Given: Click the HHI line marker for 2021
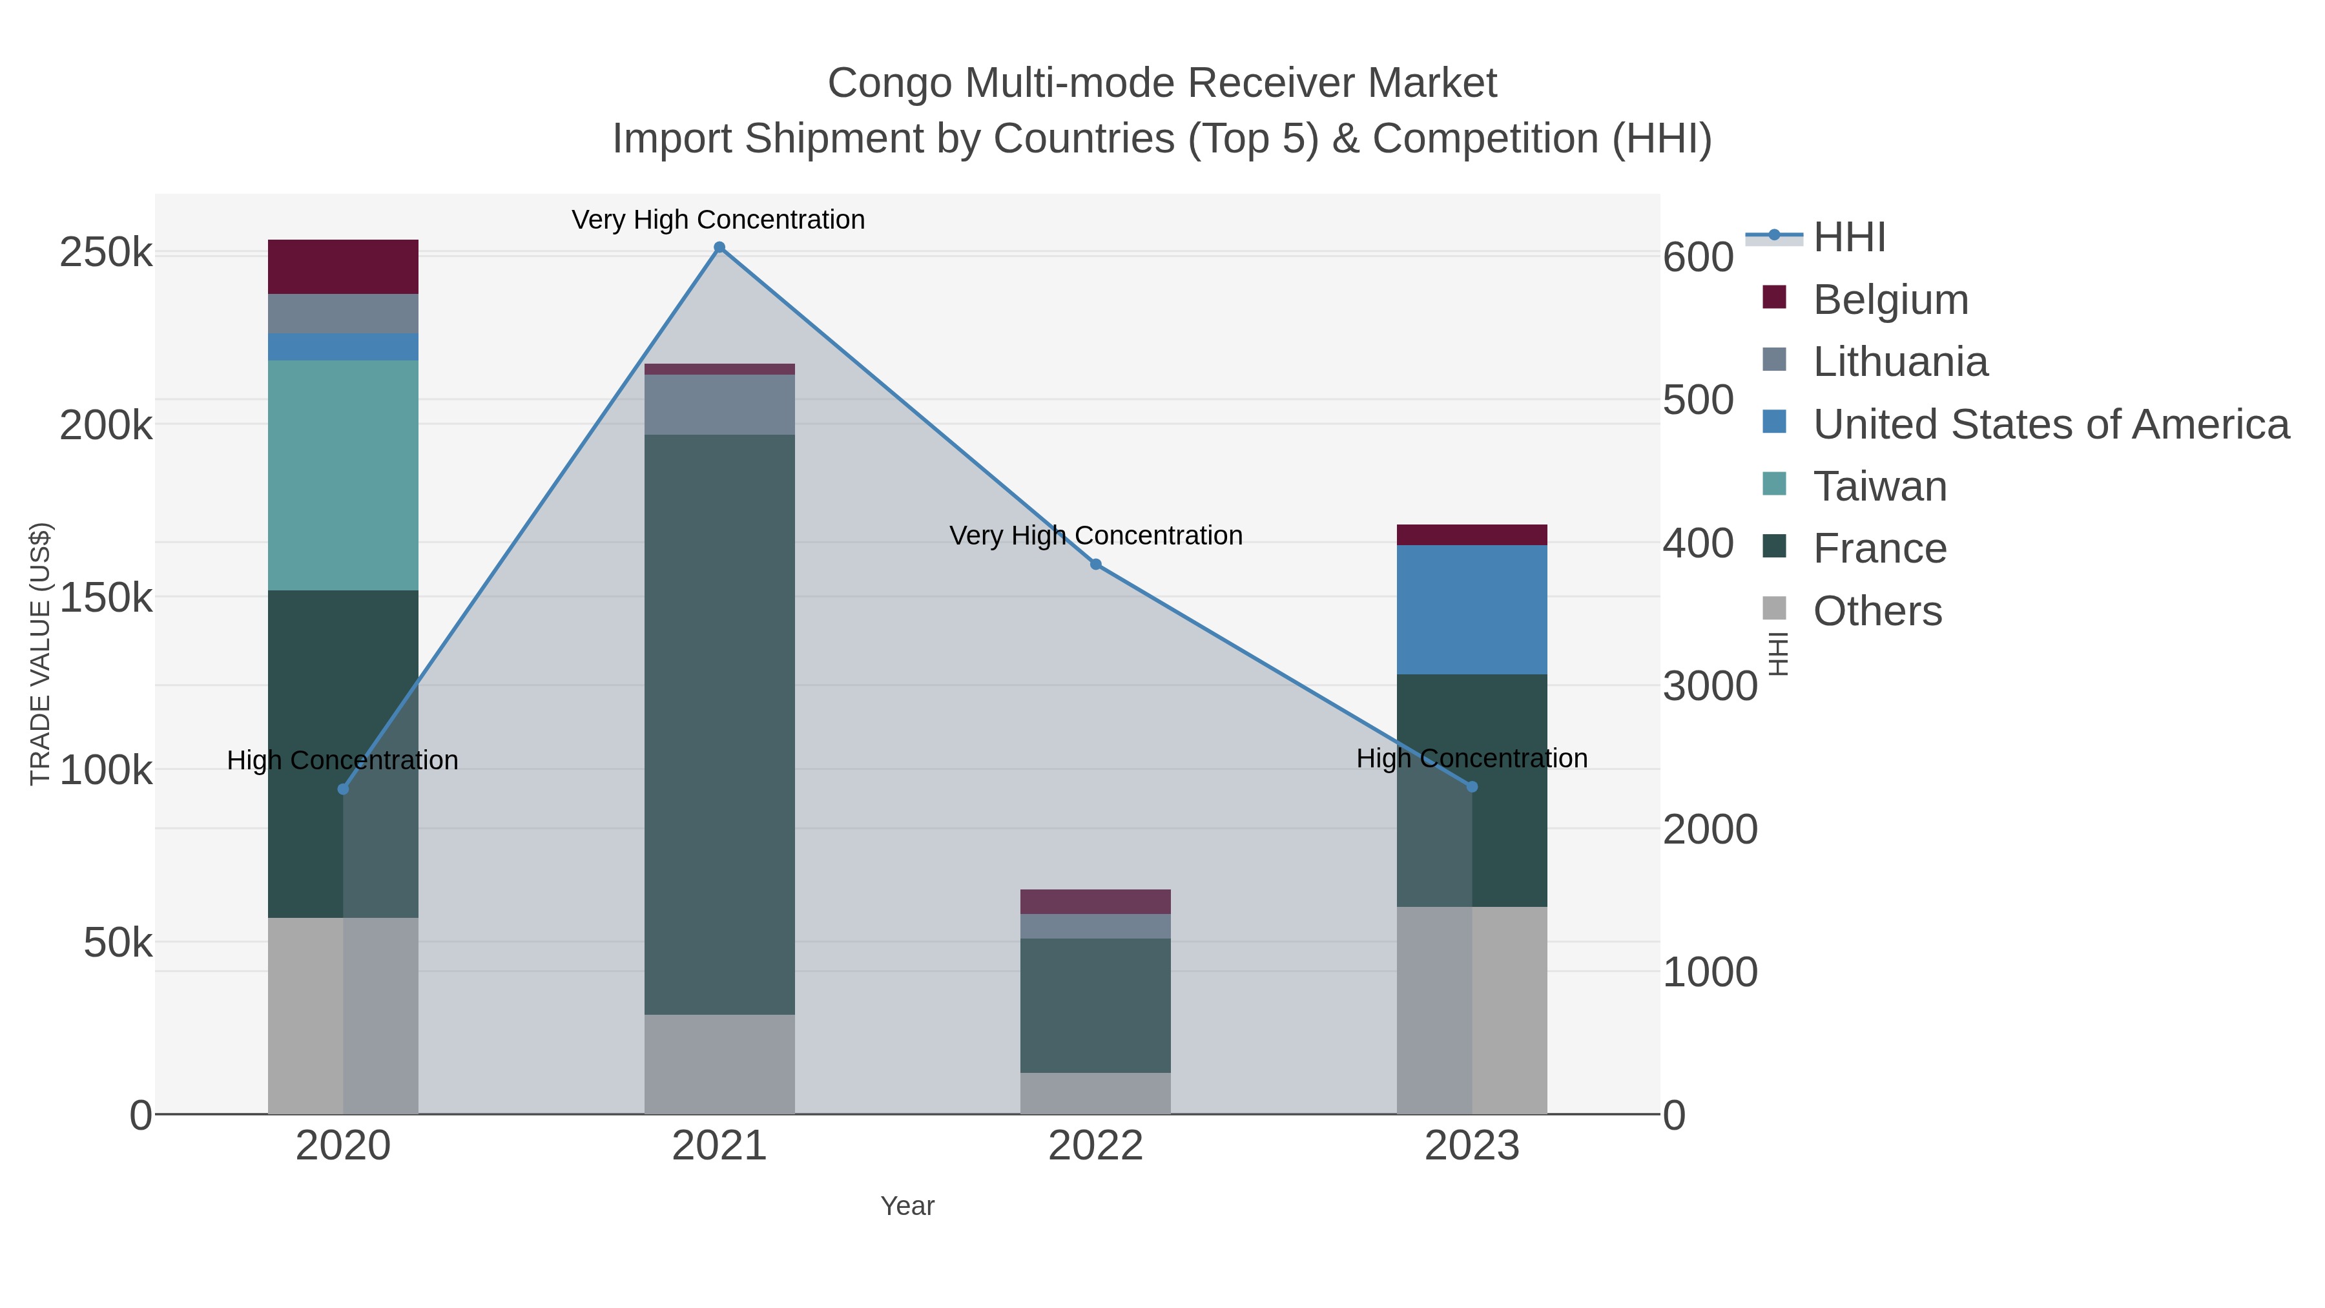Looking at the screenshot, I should point(719,247).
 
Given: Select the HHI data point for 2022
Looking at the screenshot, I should point(1096,564).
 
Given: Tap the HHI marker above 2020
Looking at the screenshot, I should point(343,789).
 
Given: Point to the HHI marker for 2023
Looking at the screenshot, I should point(1472,787).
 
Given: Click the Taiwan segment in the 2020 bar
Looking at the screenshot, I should point(343,475).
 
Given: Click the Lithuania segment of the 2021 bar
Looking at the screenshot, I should point(719,404).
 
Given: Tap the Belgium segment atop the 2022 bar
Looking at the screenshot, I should point(1096,901).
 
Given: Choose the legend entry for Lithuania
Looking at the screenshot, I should point(1900,362).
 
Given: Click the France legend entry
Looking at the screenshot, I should point(1879,549).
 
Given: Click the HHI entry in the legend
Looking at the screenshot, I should point(1848,238).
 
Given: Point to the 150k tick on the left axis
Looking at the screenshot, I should point(106,597).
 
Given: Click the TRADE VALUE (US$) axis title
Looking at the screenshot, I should point(41,654).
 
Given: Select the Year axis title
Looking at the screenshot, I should point(907,1206).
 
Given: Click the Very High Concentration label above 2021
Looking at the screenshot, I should point(718,220).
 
